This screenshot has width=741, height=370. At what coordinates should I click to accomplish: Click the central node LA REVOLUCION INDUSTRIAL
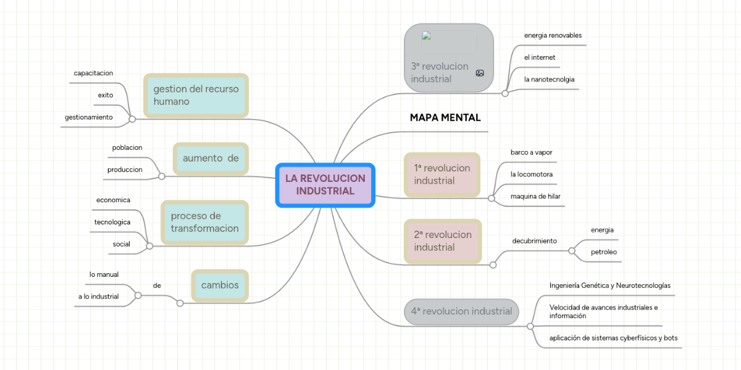(x=325, y=185)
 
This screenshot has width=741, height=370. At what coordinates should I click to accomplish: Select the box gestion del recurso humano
(x=196, y=95)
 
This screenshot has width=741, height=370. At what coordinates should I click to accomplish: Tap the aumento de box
(x=211, y=158)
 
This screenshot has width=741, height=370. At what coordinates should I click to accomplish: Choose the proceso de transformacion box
(x=204, y=222)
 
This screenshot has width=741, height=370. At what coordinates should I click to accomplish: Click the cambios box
(x=219, y=285)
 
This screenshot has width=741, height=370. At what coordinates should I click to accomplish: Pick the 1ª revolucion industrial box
(x=442, y=175)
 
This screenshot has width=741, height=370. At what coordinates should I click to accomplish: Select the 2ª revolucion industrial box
(x=442, y=241)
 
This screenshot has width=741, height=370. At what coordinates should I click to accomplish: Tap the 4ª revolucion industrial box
(x=461, y=311)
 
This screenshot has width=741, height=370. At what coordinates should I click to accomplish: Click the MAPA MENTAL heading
(x=445, y=118)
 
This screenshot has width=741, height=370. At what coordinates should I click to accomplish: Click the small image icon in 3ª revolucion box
(x=480, y=73)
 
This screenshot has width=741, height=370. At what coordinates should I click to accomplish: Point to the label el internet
(x=540, y=57)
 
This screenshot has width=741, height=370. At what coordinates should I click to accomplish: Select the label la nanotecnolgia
(x=549, y=79)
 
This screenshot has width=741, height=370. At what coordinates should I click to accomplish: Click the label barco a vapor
(x=531, y=152)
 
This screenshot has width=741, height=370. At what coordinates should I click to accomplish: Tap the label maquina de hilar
(x=535, y=196)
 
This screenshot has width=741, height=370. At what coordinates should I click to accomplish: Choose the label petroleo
(x=603, y=252)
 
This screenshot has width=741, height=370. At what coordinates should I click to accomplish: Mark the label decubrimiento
(x=534, y=240)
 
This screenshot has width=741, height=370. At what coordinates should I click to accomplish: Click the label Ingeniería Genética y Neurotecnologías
(x=609, y=286)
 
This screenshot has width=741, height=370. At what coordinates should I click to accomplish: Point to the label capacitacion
(x=93, y=73)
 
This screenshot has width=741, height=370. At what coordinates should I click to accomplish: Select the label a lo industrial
(x=98, y=296)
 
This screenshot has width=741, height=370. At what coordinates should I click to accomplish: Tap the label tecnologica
(x=112, y=221)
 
